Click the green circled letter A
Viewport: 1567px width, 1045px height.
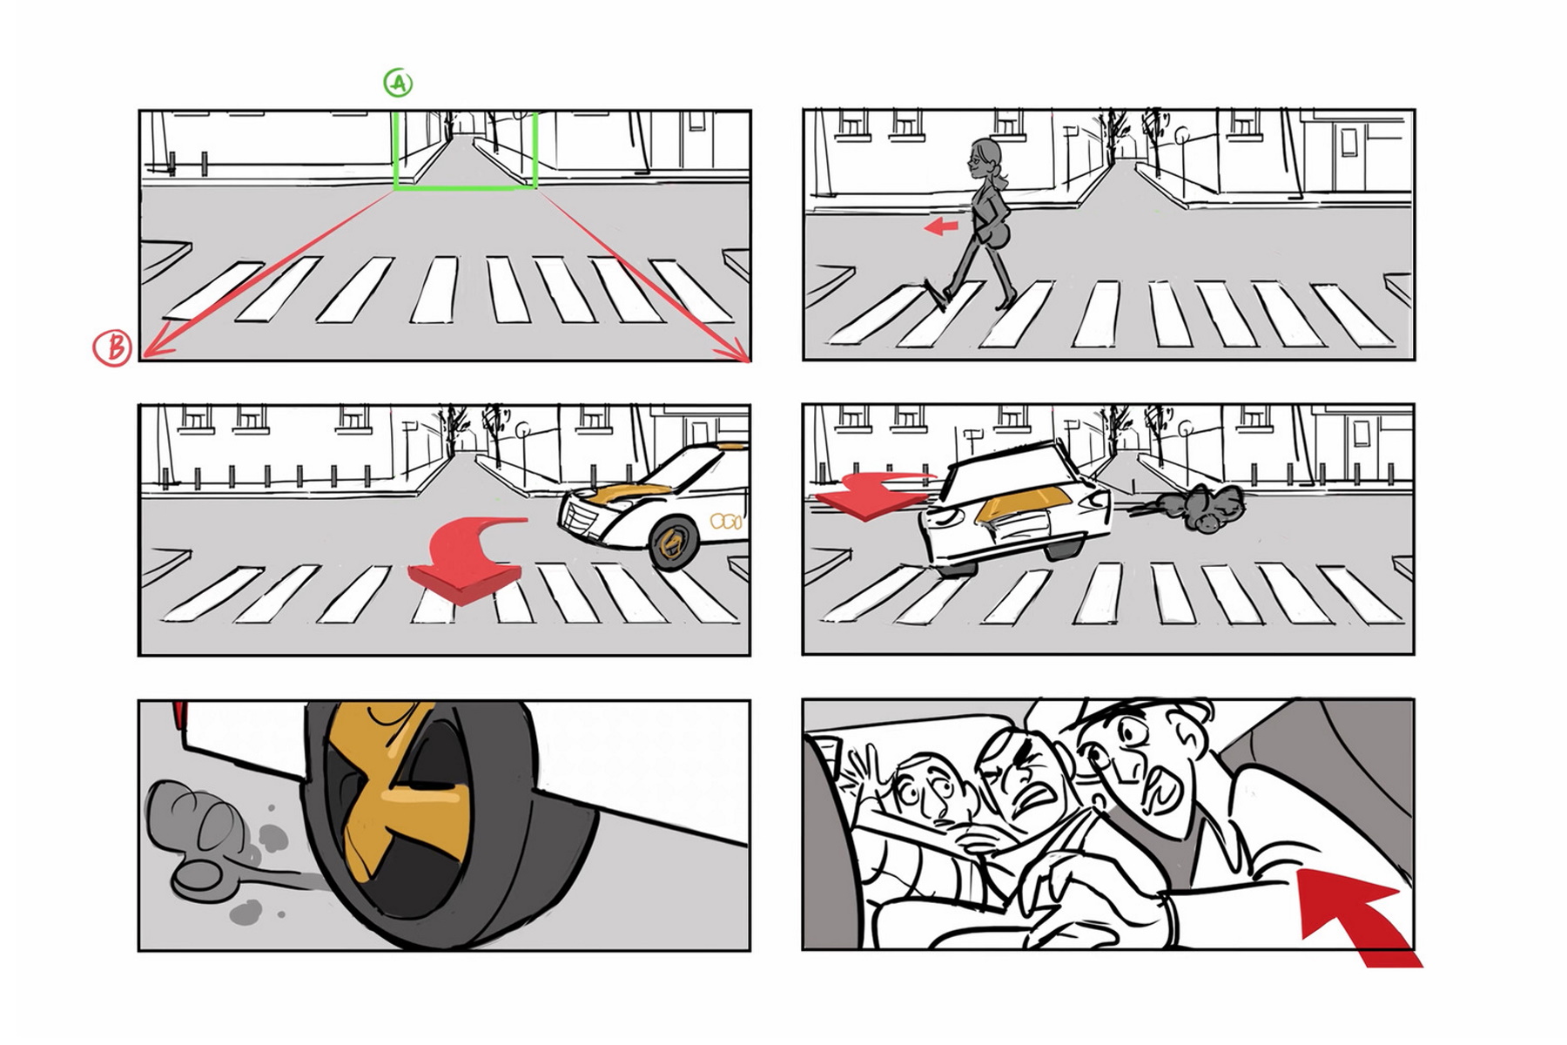click(x=398, y=83)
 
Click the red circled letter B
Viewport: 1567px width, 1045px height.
click(x=113, y=347)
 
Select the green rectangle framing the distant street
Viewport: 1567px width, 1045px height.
click(x=466, y=186)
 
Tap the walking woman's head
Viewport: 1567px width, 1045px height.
click(x=985, y=157)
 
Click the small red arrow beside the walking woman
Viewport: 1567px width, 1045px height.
click(x=941, y=227)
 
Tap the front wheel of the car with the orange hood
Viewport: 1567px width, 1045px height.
click(x=672, y=543)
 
